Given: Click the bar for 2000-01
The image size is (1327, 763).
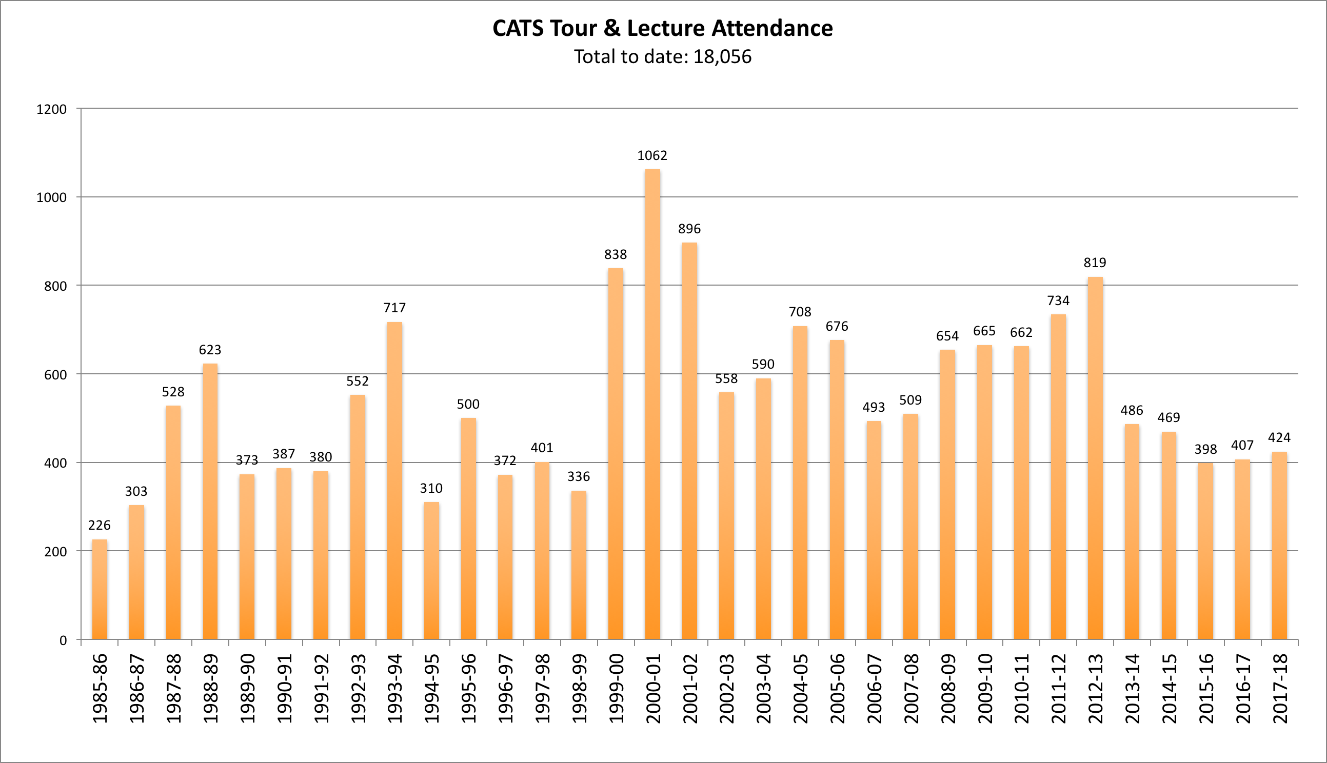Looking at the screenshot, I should pos(652,404).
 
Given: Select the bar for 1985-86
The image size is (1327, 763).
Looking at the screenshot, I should pos(100,589).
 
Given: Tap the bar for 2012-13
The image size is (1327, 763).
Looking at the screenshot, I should pos(1095,458).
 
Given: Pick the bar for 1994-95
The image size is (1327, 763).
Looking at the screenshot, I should pos(431,571).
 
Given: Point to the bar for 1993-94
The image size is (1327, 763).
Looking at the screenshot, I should pos(394,480).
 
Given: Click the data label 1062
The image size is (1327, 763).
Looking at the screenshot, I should pos(652,156).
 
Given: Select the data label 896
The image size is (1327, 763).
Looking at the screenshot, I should pos(689,229).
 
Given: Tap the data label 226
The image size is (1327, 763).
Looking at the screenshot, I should pos(100,525).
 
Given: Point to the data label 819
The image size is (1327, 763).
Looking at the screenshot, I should pos(1095,263).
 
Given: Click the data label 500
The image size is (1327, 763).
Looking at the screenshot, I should pos(468,404).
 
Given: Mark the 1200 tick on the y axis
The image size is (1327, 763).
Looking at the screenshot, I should pos(51,110).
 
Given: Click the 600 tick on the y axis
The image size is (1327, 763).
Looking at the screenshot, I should pos(55,375).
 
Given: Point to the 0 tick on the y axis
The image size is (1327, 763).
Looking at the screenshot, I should pos(63,640).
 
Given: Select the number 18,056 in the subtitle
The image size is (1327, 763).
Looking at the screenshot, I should pos(722,56).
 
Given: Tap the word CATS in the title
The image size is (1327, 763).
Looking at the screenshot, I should pos(518,28).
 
